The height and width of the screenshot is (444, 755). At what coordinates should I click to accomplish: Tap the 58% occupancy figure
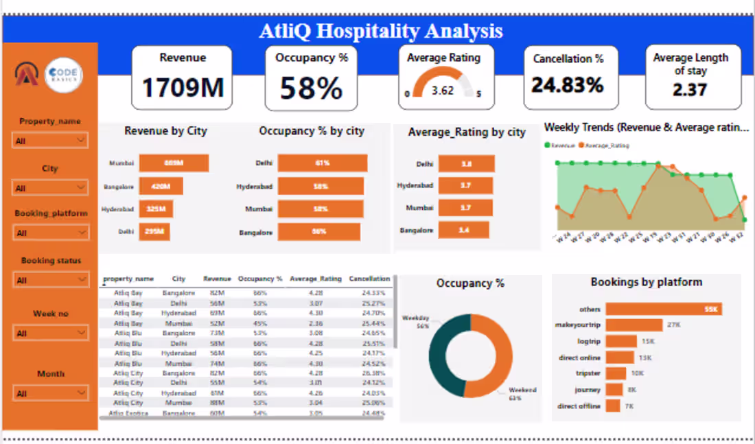[x=311, y=89]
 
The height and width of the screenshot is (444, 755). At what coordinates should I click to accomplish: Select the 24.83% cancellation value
[x=567, y=85]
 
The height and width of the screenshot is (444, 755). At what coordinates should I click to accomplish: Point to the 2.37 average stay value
[x=690, y=90]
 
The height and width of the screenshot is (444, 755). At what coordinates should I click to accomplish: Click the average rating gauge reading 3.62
[x=443, y=90]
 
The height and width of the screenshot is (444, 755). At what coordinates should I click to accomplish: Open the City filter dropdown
[x=50, y=188]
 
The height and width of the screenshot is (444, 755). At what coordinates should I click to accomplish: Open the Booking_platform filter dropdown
[x=50, y=233]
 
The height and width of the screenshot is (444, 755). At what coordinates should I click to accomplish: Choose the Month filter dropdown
[x=50, y=394]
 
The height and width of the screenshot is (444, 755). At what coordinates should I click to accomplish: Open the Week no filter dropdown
[x=50, y=334]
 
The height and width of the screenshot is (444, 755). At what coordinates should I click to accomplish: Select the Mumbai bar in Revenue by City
[x=173, y=163]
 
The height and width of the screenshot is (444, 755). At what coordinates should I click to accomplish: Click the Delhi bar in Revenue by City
[x=154, y=232]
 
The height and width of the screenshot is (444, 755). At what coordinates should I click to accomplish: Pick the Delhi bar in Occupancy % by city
[x=322, y=163]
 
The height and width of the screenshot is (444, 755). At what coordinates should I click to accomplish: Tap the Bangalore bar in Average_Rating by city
[x=463, y=230]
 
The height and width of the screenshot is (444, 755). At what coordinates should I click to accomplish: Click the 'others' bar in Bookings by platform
[x=664, y=309]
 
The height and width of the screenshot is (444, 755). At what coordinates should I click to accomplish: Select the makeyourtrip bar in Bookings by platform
[x=634, y=325]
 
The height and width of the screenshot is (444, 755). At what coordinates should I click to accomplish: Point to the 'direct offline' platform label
[x=579, y=406]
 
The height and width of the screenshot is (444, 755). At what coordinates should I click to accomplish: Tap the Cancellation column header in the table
[x=369, y=279]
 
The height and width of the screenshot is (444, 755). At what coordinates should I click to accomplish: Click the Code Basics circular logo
[x=64, y=76]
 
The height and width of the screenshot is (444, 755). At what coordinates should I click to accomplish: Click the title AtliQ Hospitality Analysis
[x=381, y=31]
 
